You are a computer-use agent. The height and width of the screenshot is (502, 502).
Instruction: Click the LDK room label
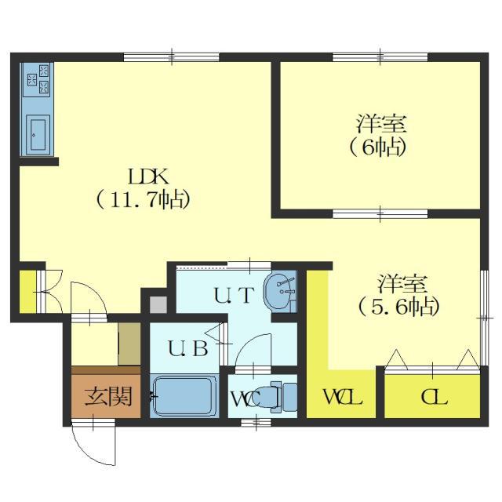point(148,176)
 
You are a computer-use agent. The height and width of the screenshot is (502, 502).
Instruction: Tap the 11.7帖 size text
point(143,199)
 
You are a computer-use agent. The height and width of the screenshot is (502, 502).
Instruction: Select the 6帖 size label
point(378,147)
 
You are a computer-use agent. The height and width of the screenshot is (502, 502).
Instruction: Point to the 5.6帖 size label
point(399,307)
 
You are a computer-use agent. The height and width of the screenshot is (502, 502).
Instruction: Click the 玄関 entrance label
point(108,396)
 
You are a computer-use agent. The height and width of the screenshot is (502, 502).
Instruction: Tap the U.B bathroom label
point(188,348)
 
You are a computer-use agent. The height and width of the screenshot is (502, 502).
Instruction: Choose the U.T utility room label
point(235,295)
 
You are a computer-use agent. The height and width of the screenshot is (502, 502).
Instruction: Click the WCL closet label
point(343,397)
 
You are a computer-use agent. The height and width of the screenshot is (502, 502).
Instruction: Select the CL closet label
point(434,398)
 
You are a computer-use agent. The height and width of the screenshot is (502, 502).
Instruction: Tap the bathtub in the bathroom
point(184,396)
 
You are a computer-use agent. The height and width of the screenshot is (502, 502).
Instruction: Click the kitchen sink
point(38,135)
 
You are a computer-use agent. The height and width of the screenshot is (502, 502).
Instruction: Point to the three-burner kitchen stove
point(38,79)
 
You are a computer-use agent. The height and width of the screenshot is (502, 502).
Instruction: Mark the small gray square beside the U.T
point(158,305)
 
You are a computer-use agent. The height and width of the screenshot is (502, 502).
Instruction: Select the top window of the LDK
point(172,57)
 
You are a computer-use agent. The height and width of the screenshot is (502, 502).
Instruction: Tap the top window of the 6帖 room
point(380,57)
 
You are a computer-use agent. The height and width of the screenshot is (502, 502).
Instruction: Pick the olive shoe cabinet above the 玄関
point(129,344)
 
